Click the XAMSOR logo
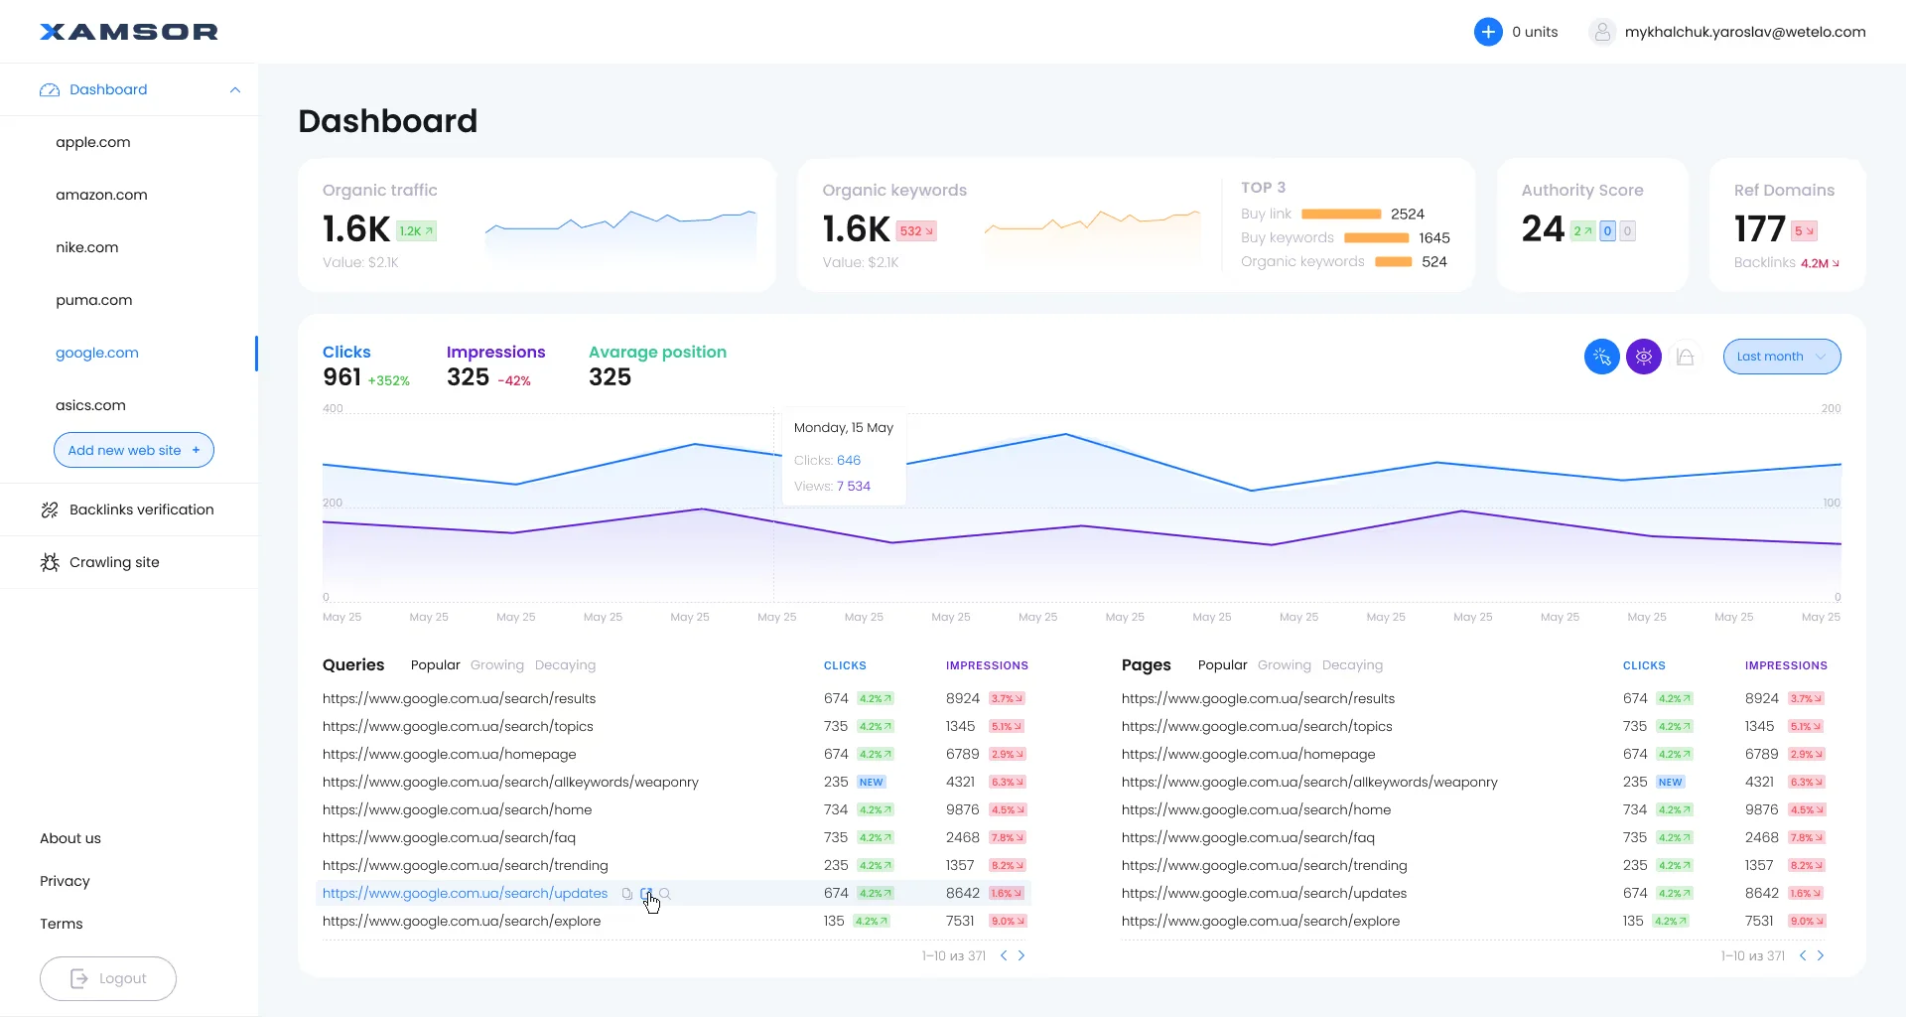pyautogui.click(x=129, y=32)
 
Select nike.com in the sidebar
pyautogui.click(x=87, y=247)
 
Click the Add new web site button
pyautogui.click(x=133, y=450)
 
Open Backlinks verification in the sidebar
pyautogui.click(x=141, y=509)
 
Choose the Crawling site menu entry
pyautogui.click(x=114, y=562)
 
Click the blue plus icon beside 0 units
pyautogui.click(x=1487, y=32)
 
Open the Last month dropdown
pyautogui.click(x=1781, y=357)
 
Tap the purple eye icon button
pyautogui.click(x=1643, y=357)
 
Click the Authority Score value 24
pyautogui.click(x=1543, y=229)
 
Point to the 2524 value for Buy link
pyautogui.click(x=1407, y=215)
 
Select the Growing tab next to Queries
pyautogui.click(x=496, y=665)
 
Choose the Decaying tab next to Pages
pyautogui.click(x=1351, y=665)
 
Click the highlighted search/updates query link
pyautogui.click(x=465, y=894)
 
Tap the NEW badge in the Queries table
pyautogui.click(x=871, y=783)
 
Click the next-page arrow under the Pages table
pyautogui.click(x=1820, y=955)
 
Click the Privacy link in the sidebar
pyautogui.click(x=65, y=881)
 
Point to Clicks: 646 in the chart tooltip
pyautogui.click(x=827, y=461)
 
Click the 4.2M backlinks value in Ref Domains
pyautogui.click(x=1818, y=263)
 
